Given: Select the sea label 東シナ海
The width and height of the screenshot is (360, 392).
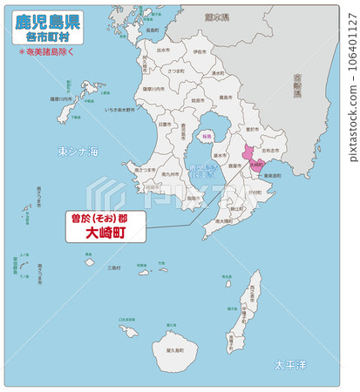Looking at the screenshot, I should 78,152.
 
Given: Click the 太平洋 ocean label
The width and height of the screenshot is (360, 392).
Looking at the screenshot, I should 289,363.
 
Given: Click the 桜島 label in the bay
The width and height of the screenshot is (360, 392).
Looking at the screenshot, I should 207,137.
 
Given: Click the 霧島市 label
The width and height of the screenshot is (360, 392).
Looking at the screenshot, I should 224,98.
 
